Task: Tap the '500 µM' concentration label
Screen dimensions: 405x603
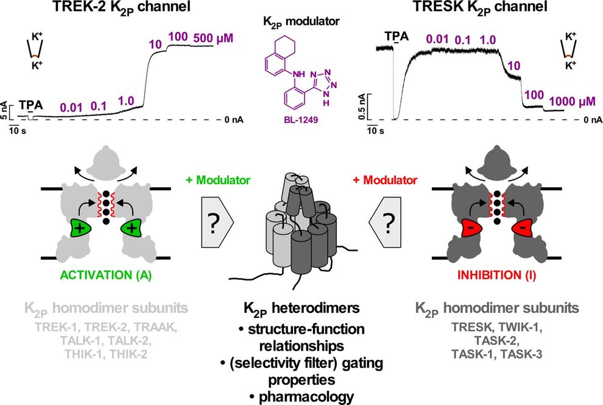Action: click(x=213, y=38)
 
